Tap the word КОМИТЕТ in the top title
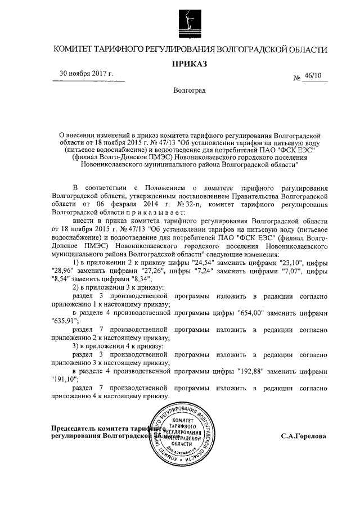[74, 49]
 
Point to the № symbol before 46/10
[296, 79]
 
